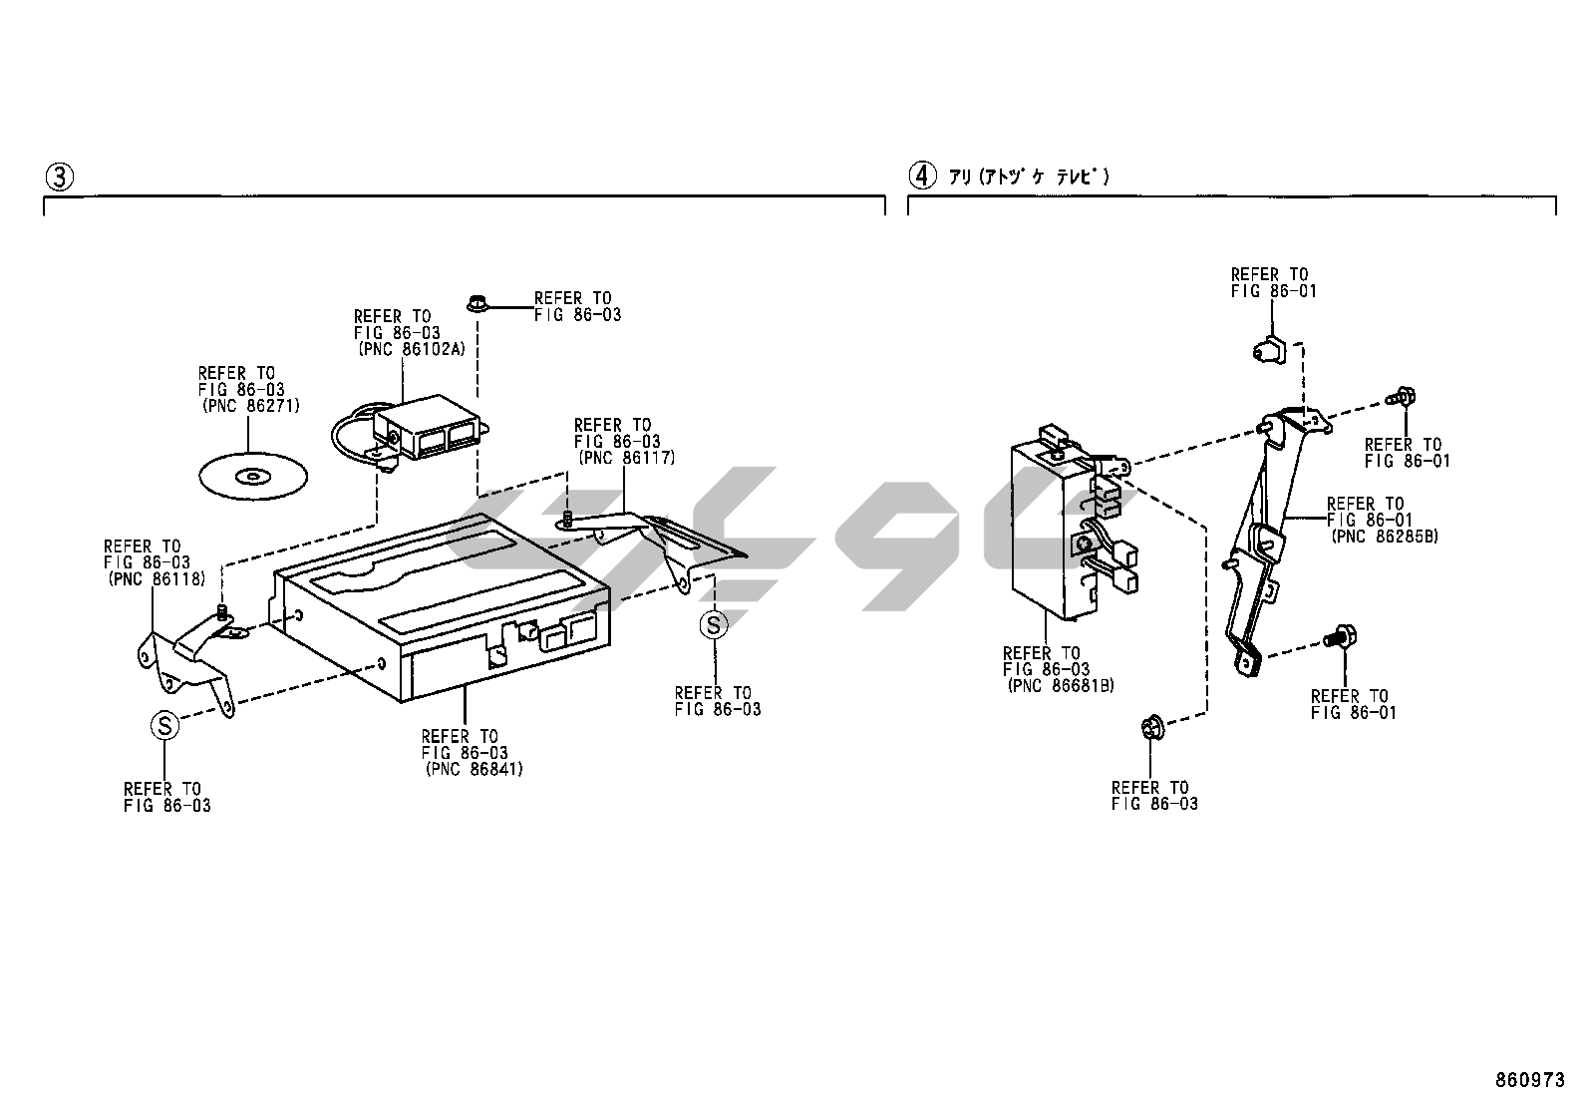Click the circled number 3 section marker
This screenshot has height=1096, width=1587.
tap(60, 177)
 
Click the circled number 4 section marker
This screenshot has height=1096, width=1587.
tap(922, 176)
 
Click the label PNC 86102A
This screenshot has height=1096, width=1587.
tap(412, 349)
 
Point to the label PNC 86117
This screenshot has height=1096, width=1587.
tap(627, 458)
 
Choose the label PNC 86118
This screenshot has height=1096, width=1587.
tap(157, 579)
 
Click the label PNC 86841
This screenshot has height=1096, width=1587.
tap(474, 769)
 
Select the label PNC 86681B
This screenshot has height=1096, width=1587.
tap(1061, 686)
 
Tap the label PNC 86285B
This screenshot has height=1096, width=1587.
tap(1385, 537)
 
